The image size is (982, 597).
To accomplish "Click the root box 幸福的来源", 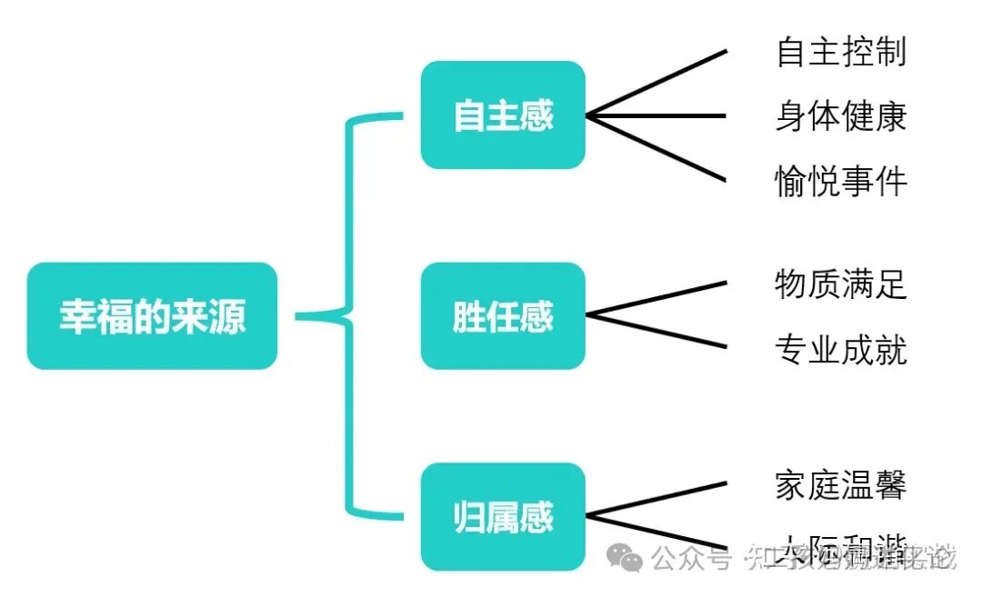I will click(x=152, y=316).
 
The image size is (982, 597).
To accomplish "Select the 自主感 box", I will click(x=503, y=115).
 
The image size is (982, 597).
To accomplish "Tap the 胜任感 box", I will click(x=503, y=316).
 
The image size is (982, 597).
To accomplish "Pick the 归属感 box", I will click(x=503, y=517).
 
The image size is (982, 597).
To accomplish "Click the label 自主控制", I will click(x=841, y=52).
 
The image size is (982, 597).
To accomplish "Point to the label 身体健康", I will click(x=841, y=116).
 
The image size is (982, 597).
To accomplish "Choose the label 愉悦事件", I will click(x=841, y=181).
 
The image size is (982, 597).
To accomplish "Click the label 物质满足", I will click(x=841, y=284).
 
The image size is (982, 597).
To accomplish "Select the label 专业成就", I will click(x=841, y=349).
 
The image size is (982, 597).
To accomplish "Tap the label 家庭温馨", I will click(x=841, y=484).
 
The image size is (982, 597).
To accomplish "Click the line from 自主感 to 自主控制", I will click(x=656, y=84).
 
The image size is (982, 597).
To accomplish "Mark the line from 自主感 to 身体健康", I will click(x=656, y=116).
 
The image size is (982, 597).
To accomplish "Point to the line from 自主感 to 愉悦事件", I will click(x=656, y=148).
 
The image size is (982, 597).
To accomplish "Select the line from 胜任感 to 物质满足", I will click(x=656, y=299).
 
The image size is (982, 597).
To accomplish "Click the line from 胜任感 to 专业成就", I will click(x=656, y=332).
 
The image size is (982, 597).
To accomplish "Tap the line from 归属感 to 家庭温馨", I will click(x=656, y=500).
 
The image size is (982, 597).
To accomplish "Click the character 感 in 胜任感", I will click(x=536, y=316).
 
